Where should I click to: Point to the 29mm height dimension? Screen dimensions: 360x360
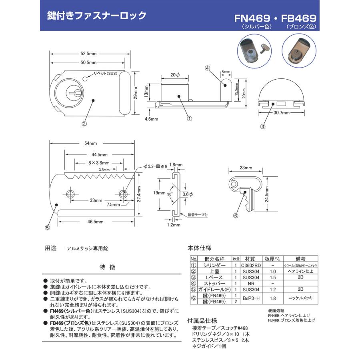[136, 94]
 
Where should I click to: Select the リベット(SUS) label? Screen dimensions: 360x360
[105, 73]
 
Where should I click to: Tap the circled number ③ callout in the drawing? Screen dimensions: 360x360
[263, 127]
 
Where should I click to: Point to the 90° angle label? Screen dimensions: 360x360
[170, 193]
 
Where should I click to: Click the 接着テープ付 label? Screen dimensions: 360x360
[198, 215]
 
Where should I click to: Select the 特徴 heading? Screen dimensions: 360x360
[107, 267]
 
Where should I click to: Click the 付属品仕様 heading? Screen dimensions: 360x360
[202, 320]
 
